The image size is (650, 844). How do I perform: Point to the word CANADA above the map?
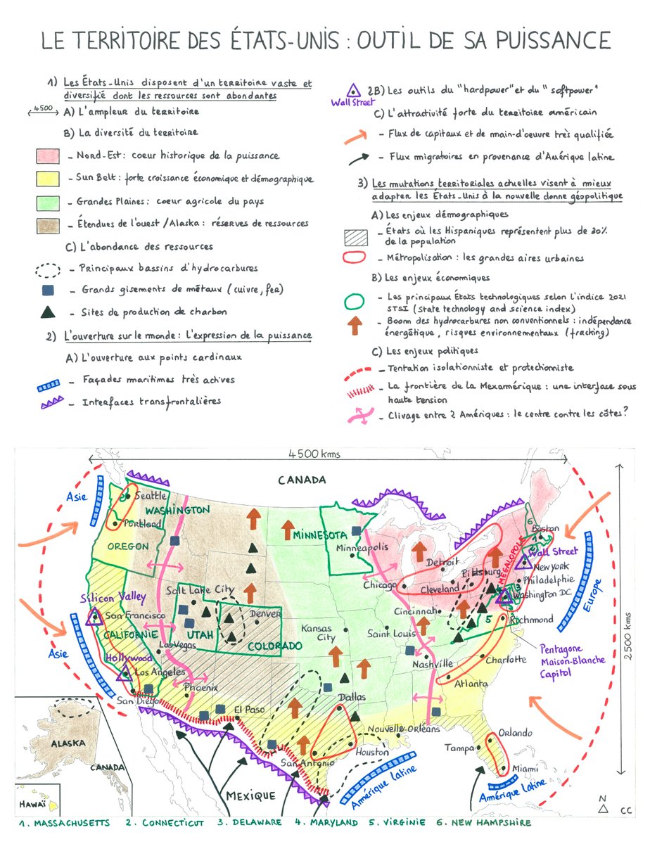[302, 480]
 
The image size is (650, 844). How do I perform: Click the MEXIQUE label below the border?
[250, 795]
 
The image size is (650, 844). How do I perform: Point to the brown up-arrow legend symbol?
[356, 324]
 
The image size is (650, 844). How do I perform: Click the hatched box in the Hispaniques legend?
[356, 236]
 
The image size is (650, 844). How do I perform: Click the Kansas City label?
[317, 633]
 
